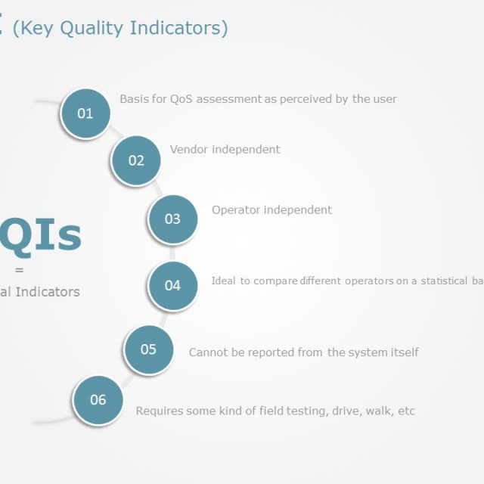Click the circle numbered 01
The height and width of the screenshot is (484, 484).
pyautogui.click(x=85, y=113)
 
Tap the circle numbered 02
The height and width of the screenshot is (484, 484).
pyautogui.click(x=136, y=160)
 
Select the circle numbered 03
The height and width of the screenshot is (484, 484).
pyautogui.click(x=172, y=219)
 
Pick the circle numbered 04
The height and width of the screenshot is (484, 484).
pyautogui.click(x=172, y=286)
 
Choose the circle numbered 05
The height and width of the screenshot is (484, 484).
pyautogui.click(x=148, y=349)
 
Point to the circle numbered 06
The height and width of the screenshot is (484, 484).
pyautogui.click(x=98, y=400)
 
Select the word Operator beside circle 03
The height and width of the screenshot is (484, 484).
pyautogui.click(x=235, y=210)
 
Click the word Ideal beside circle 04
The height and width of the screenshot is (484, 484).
pyautogui.click(x=223, y=281)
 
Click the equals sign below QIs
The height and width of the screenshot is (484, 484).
pyautogui.click(x=19, y=270)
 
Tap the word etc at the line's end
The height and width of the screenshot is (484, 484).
pyautogui.click(x=406, y=411)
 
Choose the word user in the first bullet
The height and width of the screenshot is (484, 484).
pyautogui.click(x=384, y=99)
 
